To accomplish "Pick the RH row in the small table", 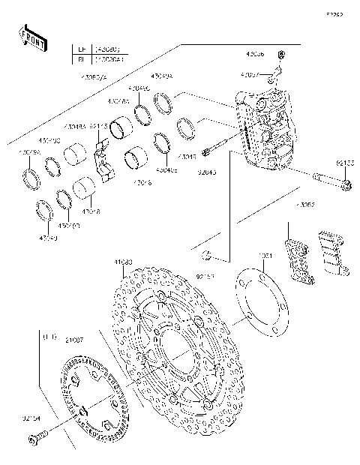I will coord(101,57).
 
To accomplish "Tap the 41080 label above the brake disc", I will coord(123,262).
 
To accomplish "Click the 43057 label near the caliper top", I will coord(251,76).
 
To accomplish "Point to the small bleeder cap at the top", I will coord(281,56).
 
